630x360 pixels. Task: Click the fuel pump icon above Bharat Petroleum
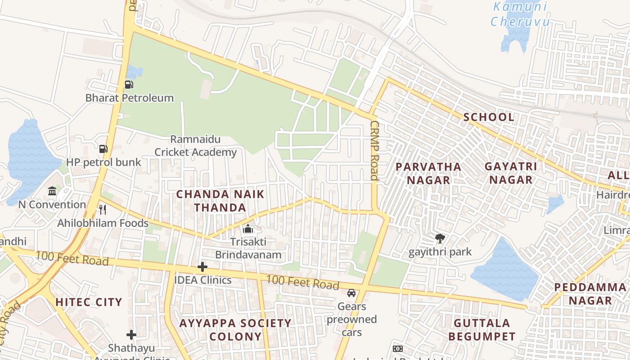tap(129, 84)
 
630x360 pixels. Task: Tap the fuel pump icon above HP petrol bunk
tap(103, 148)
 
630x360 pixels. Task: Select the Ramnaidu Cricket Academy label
tap(195, 146)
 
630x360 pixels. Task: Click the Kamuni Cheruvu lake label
tap(520, 14)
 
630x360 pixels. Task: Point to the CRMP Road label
tap(374, 150)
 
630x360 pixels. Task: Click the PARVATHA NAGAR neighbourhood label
tap(428, 173)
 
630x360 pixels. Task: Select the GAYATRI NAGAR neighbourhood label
tap(511, 173)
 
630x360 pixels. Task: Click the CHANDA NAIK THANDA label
tap(220, 201)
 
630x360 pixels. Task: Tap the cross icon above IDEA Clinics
tap(202, 267)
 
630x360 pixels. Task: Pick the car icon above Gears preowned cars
tap(351, 293)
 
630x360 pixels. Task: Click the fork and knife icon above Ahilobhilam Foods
tap(103, 209)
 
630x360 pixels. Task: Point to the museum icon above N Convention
tap(52, 191)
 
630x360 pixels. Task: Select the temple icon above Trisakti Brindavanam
tap(247, 229)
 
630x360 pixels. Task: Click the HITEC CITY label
tap(89, 302)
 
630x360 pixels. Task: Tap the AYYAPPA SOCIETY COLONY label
tap(235, 329)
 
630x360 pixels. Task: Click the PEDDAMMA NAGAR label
tap(589, 294)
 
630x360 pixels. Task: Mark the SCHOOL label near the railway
tap(489, 117)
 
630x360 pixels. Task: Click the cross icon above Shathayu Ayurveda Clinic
tap(131, 334)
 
